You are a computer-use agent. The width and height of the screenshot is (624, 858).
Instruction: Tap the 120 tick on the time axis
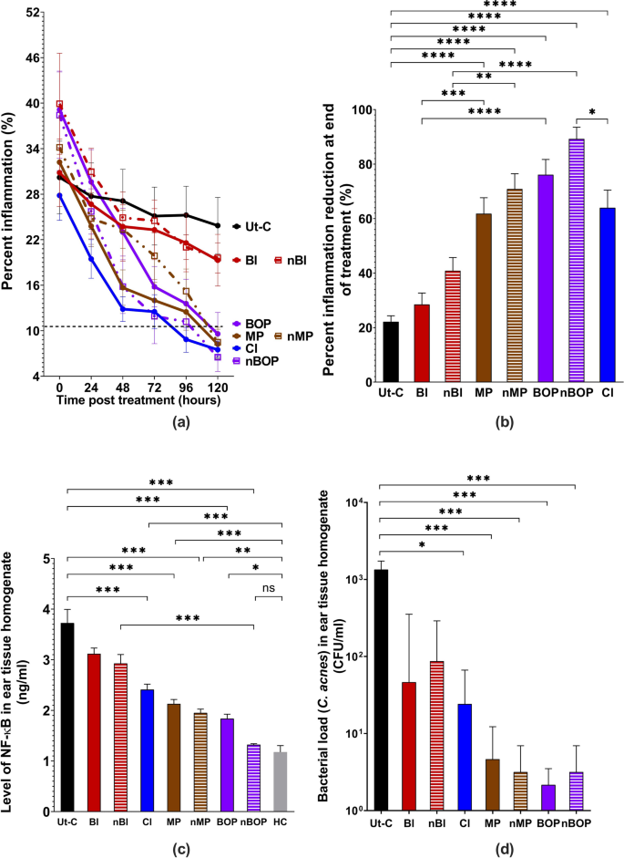[217, 386]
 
